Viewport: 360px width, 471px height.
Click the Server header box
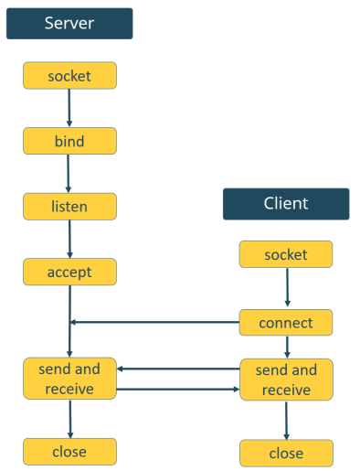[69, 23]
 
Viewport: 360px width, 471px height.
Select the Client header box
[286, 204]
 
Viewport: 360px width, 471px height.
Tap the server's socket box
[69, 75]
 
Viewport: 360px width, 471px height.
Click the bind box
[69, 141]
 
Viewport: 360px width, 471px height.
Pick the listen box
[69, 206]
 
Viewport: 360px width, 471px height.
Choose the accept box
[69, 272]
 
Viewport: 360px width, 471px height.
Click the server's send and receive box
[69, 379]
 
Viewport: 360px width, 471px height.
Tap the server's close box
[69, 451]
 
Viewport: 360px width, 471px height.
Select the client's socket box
[286, 254]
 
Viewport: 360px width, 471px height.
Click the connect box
[286, 322]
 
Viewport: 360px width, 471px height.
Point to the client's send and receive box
[286, 380]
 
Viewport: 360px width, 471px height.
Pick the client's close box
[286, 453]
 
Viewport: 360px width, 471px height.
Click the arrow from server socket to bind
[69, 108]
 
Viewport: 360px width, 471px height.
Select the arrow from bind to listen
[69, 173]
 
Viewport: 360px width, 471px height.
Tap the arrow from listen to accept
[70, 239]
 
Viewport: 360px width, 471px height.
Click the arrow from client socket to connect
[287, 288]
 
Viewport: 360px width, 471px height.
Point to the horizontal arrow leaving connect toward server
[155, 322]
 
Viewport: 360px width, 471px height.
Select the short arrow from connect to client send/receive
[287, 347]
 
